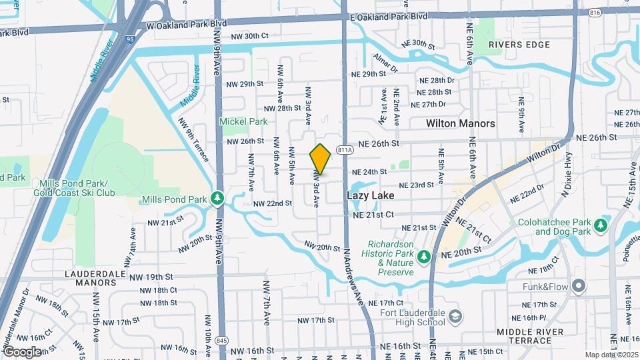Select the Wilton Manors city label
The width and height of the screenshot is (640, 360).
pos(461,123)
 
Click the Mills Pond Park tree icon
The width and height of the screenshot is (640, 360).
pos(217,199)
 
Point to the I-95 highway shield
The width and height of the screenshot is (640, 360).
pos(129,39)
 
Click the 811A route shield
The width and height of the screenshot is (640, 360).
pos(344,150)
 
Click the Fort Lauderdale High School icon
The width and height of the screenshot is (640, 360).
pos(455,315)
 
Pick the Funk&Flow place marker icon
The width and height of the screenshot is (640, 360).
pos(578,287)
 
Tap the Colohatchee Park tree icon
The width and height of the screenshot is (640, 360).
pos(601,225)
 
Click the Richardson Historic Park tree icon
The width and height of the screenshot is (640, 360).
pos(423,256)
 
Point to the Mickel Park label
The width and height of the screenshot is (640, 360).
pos(244,121)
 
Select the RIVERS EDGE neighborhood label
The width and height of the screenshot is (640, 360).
pos(519,45)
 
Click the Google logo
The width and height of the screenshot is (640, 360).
pos(21,351)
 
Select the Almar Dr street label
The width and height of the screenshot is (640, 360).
pos(385,63)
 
